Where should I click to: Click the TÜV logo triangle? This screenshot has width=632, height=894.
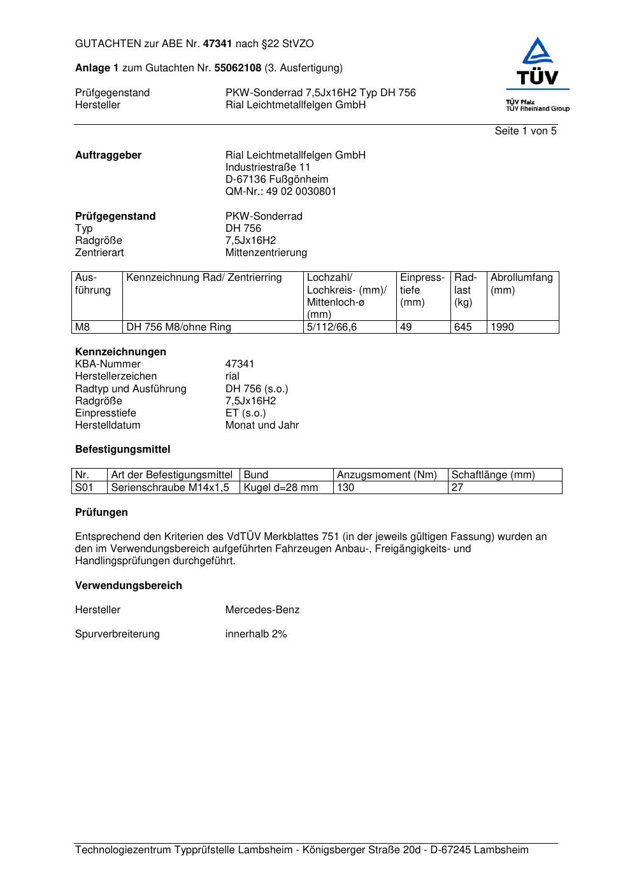point(538,51)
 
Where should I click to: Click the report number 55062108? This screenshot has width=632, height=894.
point(238,68)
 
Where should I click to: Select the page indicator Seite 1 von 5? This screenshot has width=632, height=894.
point(525,131)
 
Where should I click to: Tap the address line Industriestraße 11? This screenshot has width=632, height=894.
point(268,167)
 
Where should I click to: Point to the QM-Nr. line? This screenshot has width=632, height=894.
point(280,192)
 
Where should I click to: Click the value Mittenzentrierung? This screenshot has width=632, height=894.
point(266,253)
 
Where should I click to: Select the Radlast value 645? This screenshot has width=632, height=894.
point(463,327)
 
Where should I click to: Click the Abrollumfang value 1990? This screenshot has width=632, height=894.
point(502,327)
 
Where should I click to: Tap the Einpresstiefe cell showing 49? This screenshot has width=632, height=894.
point(406,327)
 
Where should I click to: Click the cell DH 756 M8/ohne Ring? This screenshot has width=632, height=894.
point(178,327)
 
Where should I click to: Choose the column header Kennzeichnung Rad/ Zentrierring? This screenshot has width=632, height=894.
point(204,278)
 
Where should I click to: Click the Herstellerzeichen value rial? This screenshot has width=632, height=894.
point(232,376)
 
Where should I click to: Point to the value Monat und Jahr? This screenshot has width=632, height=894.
point(262,425)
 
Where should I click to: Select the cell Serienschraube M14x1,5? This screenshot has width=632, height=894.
point(170,488)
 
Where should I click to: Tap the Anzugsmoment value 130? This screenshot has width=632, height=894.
point(345,488)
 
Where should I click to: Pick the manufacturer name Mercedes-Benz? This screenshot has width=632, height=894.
point(262,610)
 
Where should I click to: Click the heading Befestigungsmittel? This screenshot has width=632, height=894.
point(122,450)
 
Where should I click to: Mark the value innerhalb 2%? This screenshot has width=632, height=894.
point(256,634)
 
